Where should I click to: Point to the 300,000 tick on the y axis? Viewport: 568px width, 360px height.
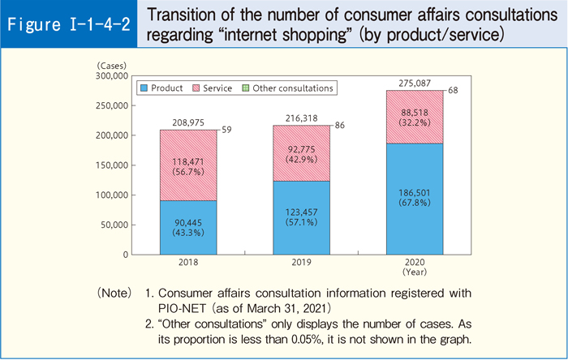pos(112,75)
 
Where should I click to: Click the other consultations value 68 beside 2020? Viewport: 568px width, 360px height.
pos(453,91)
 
